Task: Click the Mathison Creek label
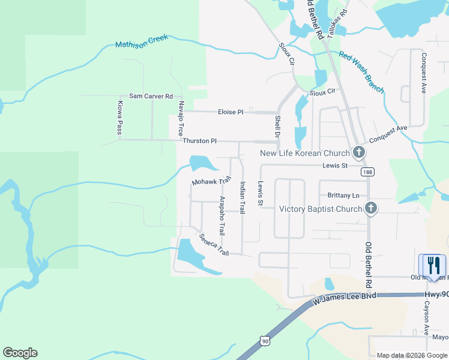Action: tap(142, 41)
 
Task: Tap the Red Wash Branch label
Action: tap(361, 72)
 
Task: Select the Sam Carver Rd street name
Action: tap(151, 96)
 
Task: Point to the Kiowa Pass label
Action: tap(119, 118)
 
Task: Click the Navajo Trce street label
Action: tap(179, 118)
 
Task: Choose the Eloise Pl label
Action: tap(231, 112)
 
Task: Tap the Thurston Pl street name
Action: tap(199, 141)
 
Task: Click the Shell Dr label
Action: tap(277, 127)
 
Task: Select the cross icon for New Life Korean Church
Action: tap(359, 152)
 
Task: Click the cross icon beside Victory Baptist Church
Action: tap(371, 208)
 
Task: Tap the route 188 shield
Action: tap(367, 172)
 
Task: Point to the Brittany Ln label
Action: tap(343, 196)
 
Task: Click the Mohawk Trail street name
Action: tap(211, 181)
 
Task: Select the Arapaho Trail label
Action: tap(222, 215)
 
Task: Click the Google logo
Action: tap(20, 353)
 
